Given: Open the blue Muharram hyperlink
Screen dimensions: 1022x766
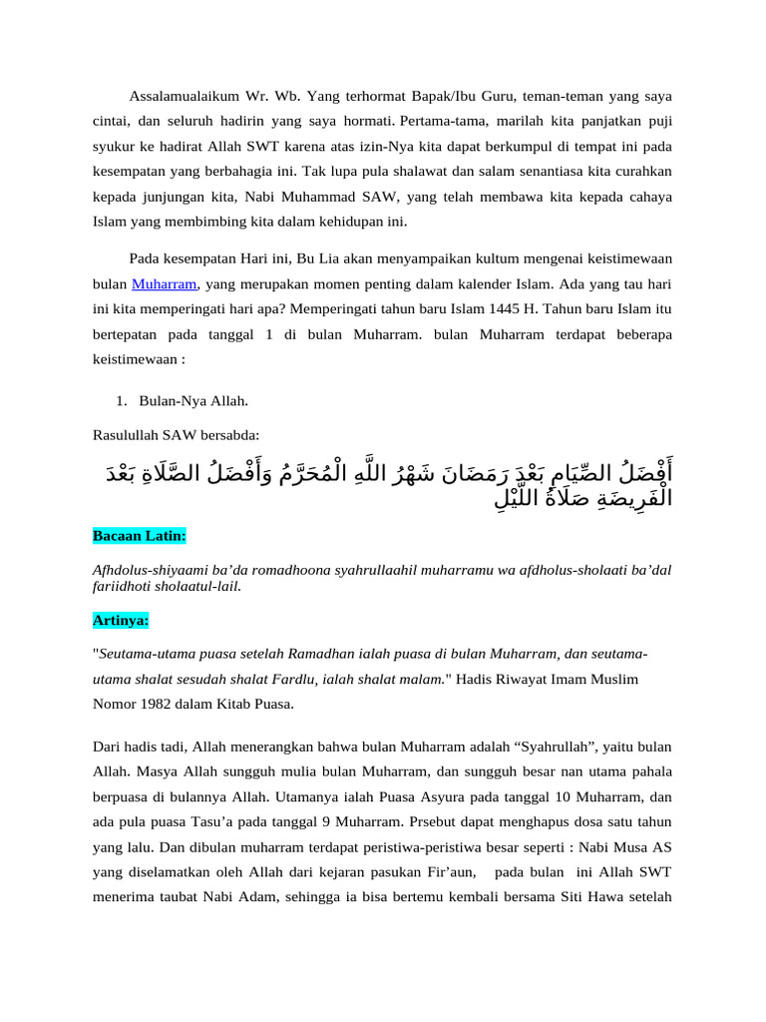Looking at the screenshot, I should click(165, 284).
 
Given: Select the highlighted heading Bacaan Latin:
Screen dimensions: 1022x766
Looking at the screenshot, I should click(139, 536).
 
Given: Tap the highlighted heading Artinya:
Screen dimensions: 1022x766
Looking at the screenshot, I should click(121, 620).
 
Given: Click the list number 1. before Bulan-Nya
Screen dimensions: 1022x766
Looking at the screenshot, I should click(122, 400).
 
